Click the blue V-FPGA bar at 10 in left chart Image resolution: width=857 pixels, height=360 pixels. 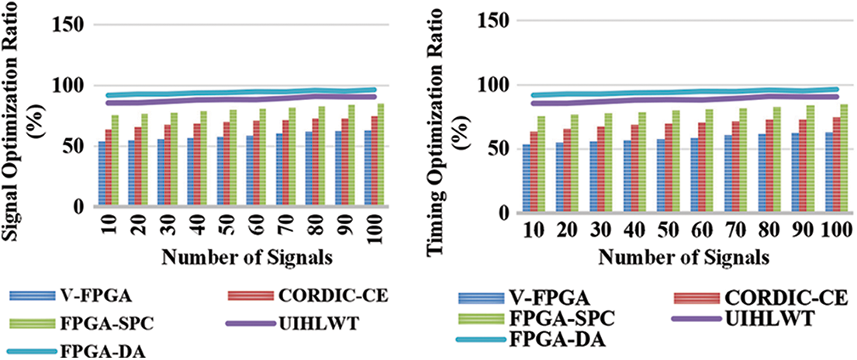point(102,174)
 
